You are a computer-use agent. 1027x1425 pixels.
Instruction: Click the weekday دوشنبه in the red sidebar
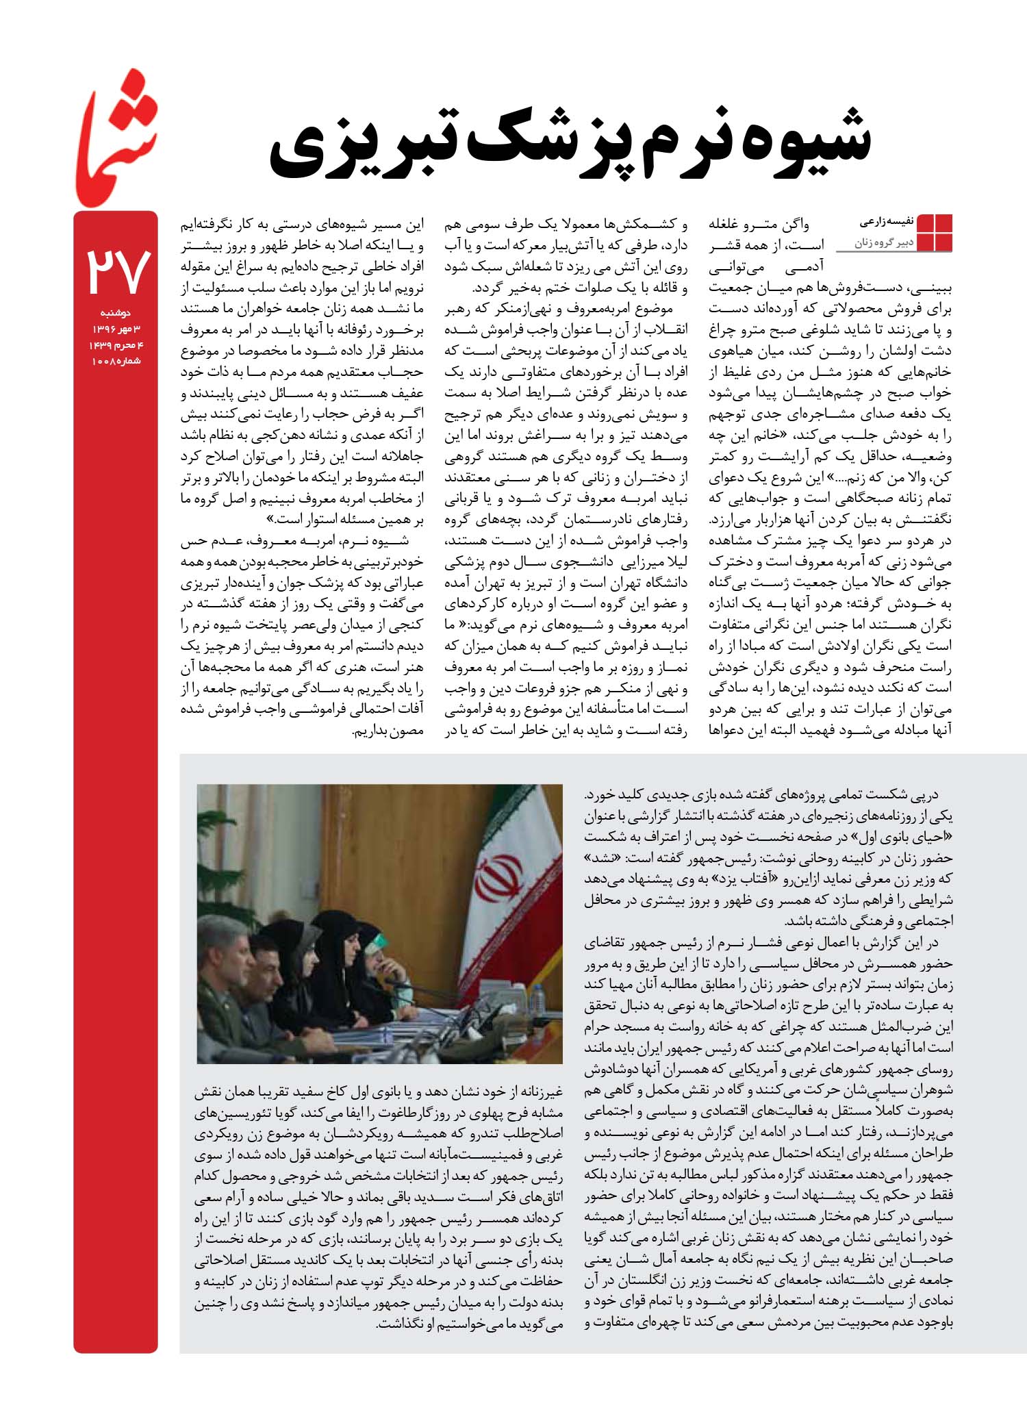coord(116,313)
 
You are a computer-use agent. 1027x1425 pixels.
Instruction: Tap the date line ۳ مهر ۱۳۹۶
coord(116,329)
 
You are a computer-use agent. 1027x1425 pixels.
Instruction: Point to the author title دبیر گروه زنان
coord(883,242)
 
